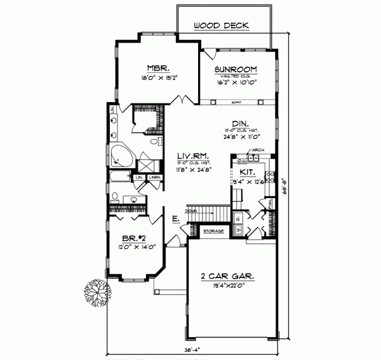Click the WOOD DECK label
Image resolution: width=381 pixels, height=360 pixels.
point(221,26)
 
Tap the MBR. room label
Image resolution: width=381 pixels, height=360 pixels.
point(157,68)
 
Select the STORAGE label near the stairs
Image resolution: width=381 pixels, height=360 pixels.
point(213,230)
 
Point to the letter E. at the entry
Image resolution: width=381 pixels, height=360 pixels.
point(175,219)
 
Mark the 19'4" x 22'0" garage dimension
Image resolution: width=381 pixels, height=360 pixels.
point(231,287)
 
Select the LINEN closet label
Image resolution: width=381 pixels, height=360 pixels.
point(154,178)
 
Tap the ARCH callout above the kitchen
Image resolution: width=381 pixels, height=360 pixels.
point(258,151)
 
